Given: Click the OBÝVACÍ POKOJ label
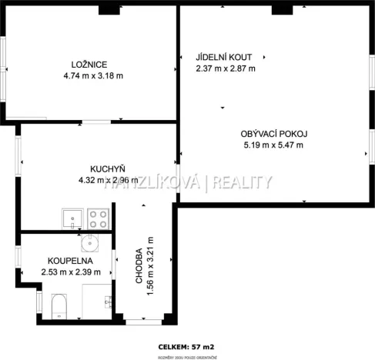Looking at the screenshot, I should click(273, 133).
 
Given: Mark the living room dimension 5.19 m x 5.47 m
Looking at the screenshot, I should click(273, 145).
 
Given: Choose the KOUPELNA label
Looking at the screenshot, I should click(70, 261).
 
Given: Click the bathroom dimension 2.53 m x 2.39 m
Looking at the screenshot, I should click(70, 272).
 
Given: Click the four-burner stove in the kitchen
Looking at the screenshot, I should click(98, 218).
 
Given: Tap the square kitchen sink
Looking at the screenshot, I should click(71, 218).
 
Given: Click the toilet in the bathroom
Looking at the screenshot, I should click(59, 306).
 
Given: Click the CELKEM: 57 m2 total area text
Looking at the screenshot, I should click(187, 346).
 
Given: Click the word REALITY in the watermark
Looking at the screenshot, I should click(243, 182).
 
